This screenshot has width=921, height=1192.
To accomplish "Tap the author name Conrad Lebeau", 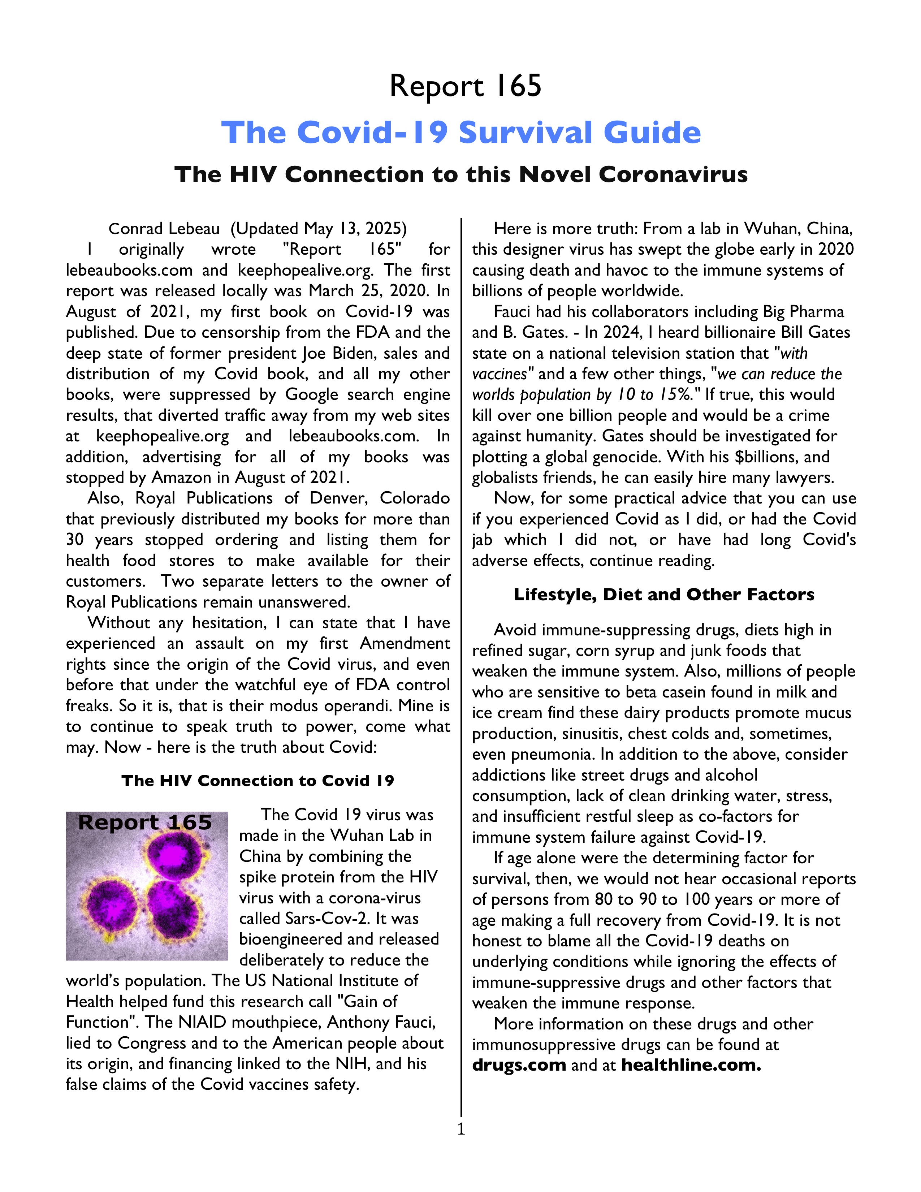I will [x=164, y=229].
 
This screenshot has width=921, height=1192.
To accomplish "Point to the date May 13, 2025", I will [x=355, y=229].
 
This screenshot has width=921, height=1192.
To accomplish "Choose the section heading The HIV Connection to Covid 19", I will [x=258, y=781].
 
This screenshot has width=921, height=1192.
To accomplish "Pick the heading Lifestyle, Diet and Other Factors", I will [x=663, y=594].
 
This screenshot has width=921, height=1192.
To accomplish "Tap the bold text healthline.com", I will [x=691, y=1065].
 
